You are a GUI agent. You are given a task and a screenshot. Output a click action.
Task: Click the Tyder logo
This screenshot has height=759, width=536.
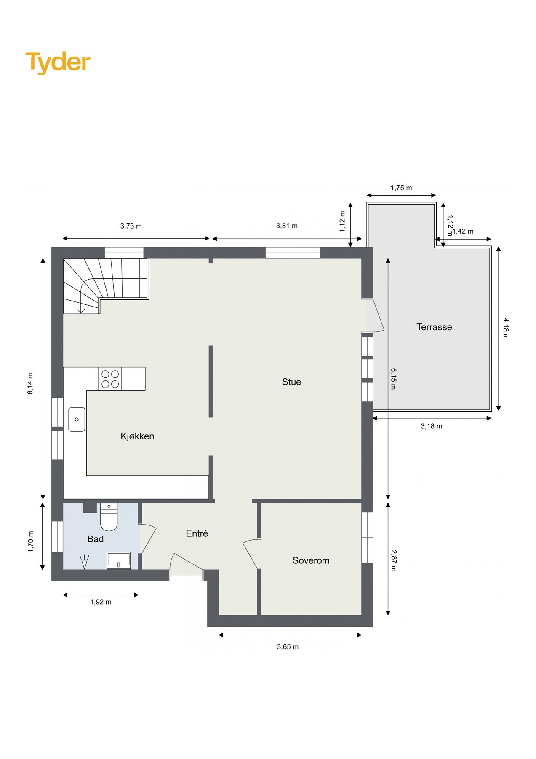coord(58,62)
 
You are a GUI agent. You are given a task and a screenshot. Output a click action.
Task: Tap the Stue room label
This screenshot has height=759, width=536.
coord(291,382)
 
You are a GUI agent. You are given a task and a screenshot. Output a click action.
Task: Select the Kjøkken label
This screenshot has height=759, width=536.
coord(137,436)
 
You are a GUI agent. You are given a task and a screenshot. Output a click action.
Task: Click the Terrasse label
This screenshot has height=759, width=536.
coord(434,327)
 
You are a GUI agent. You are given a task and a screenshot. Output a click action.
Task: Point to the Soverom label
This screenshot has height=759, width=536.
coord(311,560)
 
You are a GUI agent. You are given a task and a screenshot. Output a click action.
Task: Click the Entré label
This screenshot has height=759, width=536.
coord(197,533)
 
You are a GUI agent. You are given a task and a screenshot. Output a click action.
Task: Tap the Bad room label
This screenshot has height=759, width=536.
coord(95,539)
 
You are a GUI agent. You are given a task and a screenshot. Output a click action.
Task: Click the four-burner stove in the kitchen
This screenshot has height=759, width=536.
coord(110,379)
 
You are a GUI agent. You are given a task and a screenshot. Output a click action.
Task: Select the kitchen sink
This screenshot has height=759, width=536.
coord(77,419)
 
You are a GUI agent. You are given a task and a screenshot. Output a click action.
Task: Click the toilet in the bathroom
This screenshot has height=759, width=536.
coord(109,517)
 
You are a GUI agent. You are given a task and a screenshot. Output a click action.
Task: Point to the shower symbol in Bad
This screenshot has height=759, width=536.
coord(84,562)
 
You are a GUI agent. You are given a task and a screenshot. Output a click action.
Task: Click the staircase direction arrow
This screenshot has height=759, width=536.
coord(81,310)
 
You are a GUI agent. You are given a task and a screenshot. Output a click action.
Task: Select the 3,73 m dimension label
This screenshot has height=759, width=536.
coord(131,226)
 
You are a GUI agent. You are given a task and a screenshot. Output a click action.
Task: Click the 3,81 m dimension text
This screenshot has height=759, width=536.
coord(287,226)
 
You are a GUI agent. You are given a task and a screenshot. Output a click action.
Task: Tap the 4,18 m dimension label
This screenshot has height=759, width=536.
coord(505,328)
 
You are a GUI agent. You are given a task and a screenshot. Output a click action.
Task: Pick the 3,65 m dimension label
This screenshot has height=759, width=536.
coord(288,646)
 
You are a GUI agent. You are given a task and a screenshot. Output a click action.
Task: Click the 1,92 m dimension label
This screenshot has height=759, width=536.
coord(101,602)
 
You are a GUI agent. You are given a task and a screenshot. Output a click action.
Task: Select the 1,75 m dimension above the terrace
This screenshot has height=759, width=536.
coord(401,188)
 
